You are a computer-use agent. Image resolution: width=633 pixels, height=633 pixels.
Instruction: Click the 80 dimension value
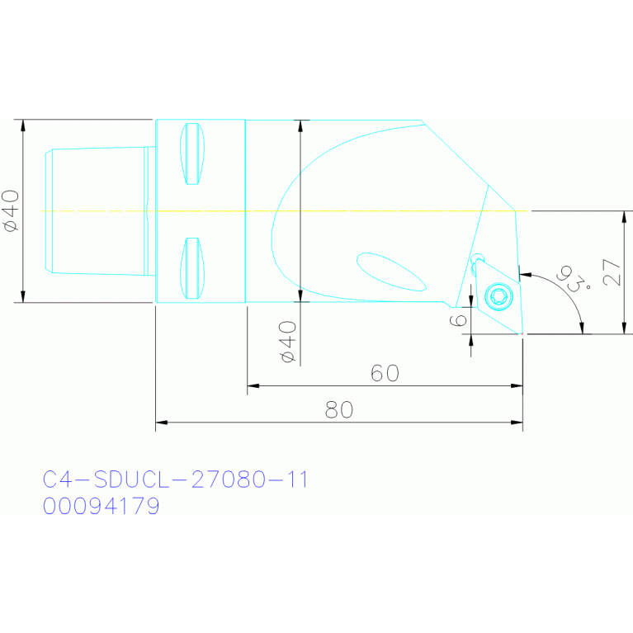(339, 409)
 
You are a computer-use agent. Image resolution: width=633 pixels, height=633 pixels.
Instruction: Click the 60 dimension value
(385, 373)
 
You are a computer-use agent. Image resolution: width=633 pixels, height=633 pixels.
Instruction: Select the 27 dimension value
(612, 272)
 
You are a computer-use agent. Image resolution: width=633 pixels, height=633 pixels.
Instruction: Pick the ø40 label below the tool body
(287, 342)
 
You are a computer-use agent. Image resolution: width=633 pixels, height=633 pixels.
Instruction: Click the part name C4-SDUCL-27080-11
(175, 479)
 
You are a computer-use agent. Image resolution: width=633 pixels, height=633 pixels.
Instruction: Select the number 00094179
(101, 506)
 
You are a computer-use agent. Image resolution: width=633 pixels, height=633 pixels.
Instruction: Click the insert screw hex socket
(498, 295)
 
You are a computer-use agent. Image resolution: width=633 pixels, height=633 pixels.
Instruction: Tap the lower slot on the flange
(192, 268)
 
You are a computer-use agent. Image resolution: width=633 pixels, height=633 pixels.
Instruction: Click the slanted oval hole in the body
(391, 272)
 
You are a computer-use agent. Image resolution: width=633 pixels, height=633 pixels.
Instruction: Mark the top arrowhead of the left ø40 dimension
(23, 125)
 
